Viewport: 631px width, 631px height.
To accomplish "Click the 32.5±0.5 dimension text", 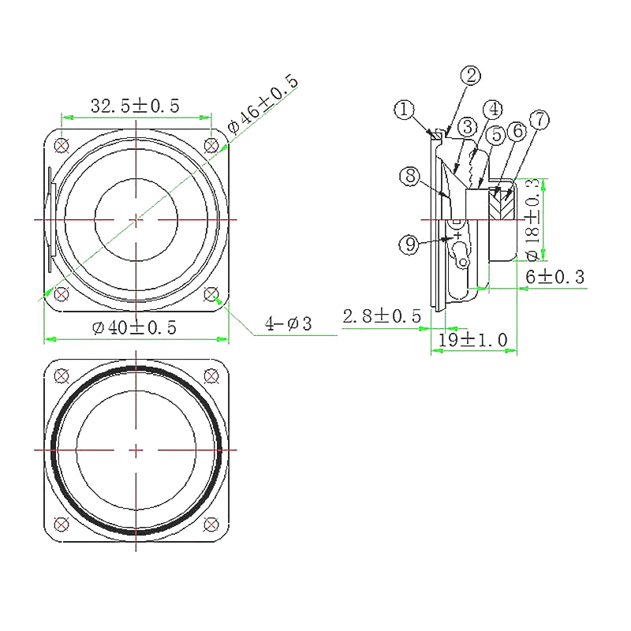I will point(136,105).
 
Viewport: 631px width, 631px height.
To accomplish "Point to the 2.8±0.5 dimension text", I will point(381,316).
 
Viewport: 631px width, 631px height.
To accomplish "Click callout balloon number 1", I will point(405,110).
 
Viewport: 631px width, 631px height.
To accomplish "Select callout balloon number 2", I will point(471,76).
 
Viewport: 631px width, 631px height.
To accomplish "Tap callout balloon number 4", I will point(494,108).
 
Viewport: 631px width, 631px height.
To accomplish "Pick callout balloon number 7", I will point(540,120).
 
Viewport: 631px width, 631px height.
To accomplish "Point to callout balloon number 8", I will point(409,177).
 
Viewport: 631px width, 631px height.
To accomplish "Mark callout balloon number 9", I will point(409,245).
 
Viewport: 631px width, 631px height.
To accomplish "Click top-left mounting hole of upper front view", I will point(61,144).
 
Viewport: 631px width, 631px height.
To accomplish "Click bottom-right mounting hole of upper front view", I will point(211,294).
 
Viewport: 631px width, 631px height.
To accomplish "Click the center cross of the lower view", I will point(136,450).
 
